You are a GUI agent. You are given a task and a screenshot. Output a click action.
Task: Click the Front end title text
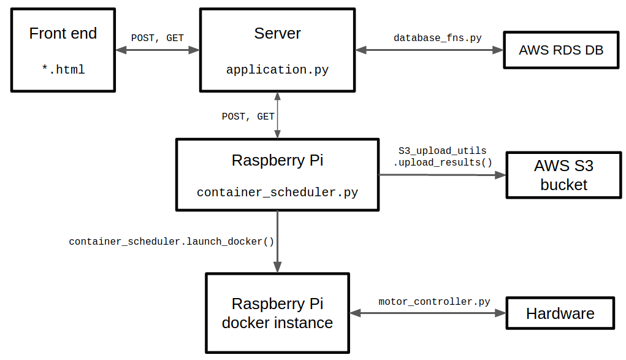pos(63,33)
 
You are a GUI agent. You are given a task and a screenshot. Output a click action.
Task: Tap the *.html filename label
pos(63,69)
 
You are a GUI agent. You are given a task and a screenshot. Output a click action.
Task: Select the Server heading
pos(278,33)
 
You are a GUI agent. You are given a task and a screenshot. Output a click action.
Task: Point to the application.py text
pos(278,70)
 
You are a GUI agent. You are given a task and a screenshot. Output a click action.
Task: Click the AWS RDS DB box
pos(562,50)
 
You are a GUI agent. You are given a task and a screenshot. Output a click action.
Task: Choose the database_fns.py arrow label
pos(438,38)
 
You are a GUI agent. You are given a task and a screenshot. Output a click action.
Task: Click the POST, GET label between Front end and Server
pos(158,38)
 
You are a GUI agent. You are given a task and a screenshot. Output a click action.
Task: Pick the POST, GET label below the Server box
pos(248,117)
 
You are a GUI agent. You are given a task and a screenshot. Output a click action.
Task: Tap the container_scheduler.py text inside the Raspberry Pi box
pos(278,193)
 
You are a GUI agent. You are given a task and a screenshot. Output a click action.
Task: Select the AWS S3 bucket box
pos(563,175)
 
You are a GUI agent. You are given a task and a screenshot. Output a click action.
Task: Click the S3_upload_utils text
pos(442,151)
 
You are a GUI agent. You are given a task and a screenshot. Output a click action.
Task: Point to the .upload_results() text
pos(443,163)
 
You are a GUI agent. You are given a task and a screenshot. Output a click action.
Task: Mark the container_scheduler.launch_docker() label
pos(171,242)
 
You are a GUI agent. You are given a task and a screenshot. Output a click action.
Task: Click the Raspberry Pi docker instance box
pos(278,313)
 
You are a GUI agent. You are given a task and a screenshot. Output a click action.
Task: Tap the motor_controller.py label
pos(434,302)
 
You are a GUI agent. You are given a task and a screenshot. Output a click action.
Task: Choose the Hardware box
pos(560,313)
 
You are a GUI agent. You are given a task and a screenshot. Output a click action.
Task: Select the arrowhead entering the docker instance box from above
pos(278,267)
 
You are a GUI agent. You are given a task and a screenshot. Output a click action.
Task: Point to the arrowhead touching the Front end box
pos(121,50)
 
